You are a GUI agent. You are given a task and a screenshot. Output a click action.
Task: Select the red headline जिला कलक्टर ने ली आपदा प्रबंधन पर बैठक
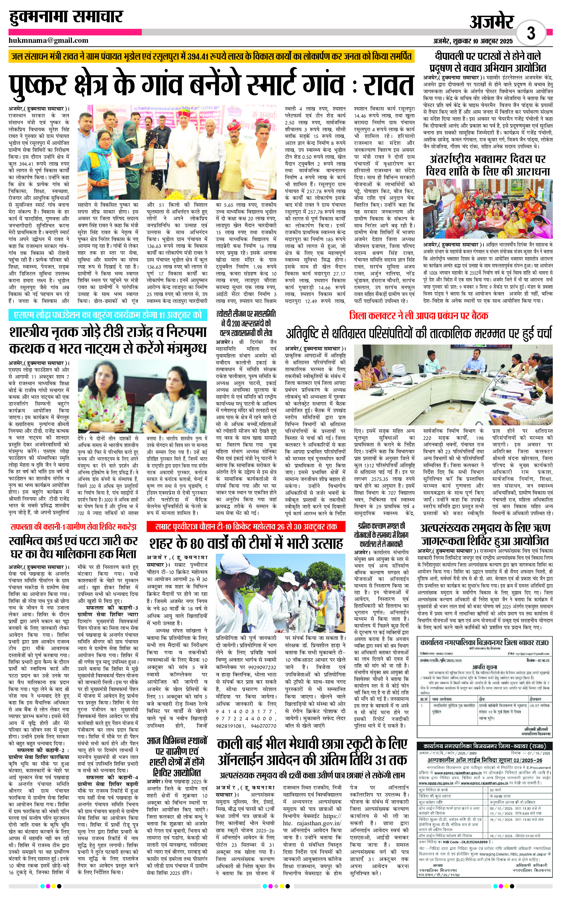pyautogui.click(x=418, y=316)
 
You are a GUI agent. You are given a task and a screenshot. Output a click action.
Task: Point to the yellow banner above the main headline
pyautogui.click(x=211, y=57)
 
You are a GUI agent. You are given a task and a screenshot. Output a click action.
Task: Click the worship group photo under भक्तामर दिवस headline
pyautogui.click(x=488, y=209)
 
